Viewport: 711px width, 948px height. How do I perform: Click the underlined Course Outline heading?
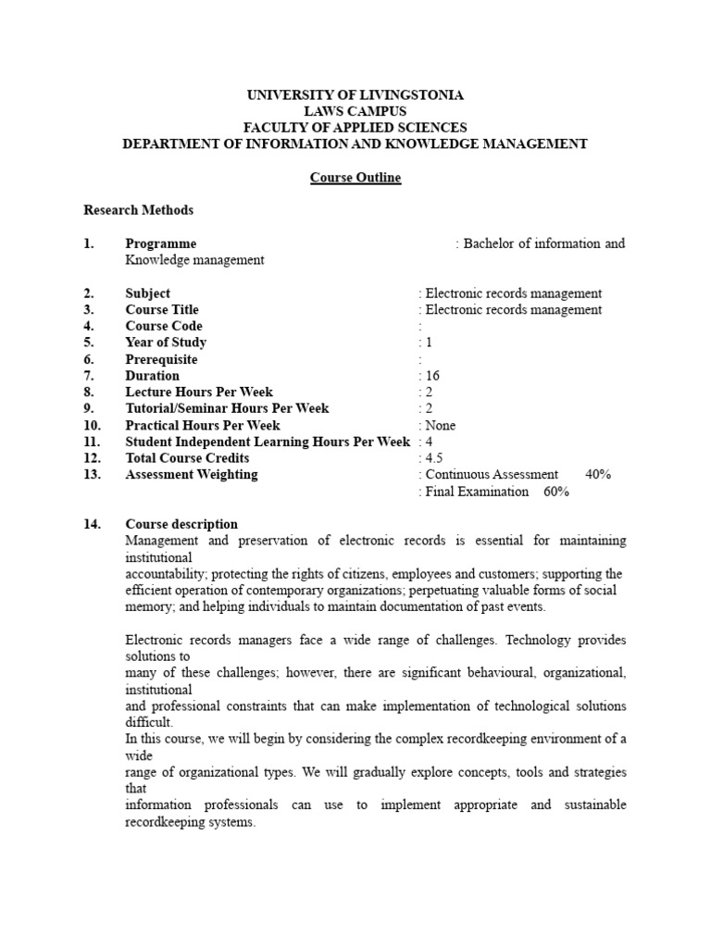coord(355,177)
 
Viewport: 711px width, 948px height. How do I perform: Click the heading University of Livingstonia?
coord(355,94)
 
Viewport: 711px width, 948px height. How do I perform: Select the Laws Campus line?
coord(355,111)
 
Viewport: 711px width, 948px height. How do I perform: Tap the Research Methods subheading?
coord(139,210)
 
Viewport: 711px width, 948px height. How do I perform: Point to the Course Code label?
coord(164,326)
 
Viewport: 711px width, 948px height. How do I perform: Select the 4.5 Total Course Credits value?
coord(432,458)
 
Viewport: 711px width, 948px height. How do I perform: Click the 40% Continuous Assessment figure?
coord(598,475)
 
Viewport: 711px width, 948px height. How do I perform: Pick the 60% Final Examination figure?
coord(556,492)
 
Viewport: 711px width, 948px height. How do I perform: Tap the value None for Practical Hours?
coord(440,426)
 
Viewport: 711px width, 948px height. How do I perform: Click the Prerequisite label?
coord(162,359)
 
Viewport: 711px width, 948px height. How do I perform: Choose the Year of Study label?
coord(165,343)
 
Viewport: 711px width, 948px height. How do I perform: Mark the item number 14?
coord(92,524)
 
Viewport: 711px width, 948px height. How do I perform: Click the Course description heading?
coord(181,524)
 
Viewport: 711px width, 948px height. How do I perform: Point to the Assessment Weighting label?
coord(192,475)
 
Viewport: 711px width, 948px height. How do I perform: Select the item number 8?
coord(89,393)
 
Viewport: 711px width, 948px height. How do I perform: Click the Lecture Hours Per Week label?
coord(199,393)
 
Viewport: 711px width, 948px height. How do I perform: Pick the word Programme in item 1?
coord(161,243)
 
